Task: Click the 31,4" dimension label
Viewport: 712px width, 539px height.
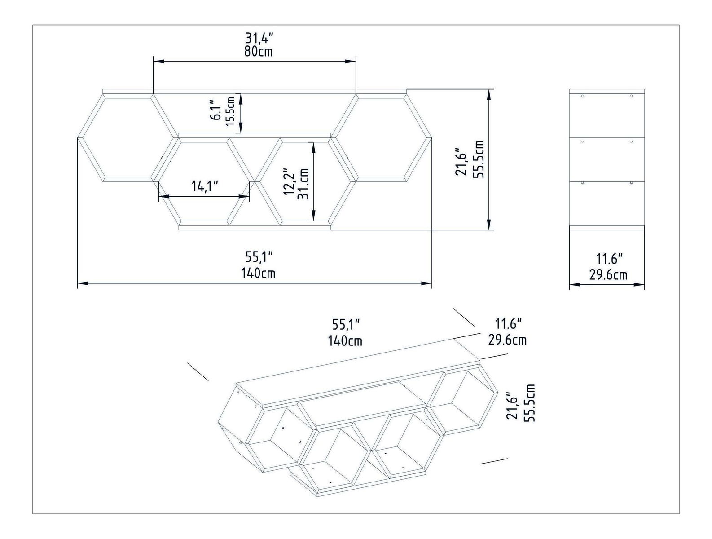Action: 259,37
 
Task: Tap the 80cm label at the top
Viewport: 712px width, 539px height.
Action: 259,51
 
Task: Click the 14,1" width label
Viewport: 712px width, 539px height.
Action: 205,186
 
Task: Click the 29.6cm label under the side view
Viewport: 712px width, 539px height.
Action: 608,274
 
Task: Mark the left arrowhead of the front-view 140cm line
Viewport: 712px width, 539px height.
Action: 81,283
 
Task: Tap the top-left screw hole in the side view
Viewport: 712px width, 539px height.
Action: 582,96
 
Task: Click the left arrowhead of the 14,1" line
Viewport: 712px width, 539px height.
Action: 162,196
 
